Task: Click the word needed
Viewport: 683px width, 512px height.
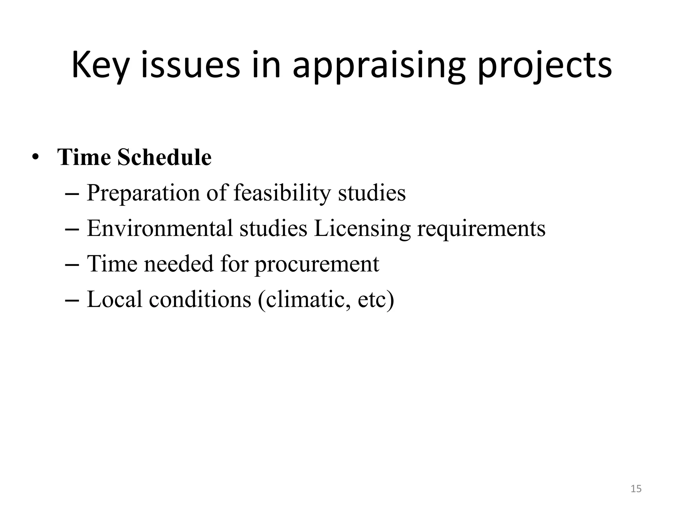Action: [178, 264]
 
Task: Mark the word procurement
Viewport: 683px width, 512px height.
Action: [317, 264]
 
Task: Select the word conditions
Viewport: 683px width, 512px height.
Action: [200, 299]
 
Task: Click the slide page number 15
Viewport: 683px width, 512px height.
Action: [636, 489]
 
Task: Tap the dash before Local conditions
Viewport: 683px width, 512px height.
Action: [72, 299]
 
